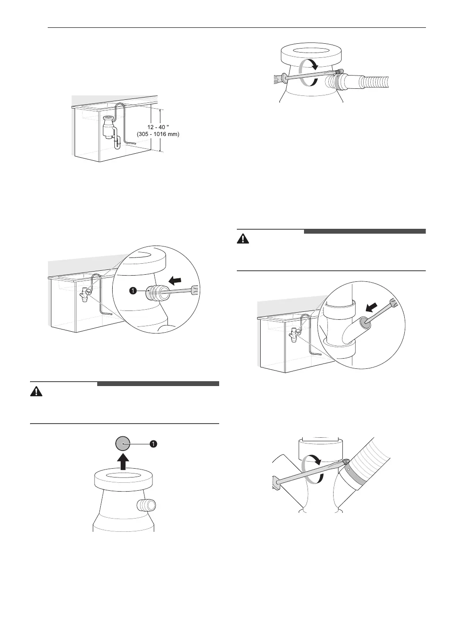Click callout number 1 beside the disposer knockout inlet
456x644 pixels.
pyautogui.click(x=132, y=291)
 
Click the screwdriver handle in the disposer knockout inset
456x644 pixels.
pyautogui.click(x=194, y=290)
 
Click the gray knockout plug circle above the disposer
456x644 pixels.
pyautogui.click(x=123, y=443)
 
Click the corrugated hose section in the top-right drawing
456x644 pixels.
pyautogui.click(x=376, y=81)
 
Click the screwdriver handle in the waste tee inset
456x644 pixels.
pyautogui.click(x=392, y=304)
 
